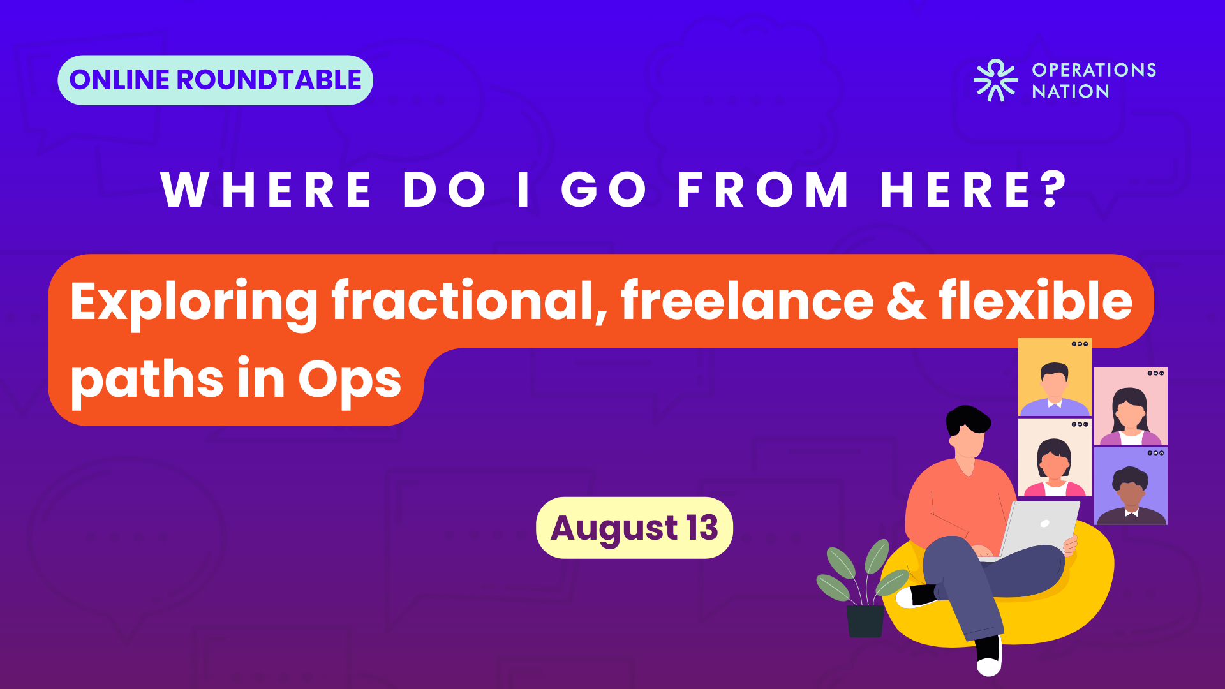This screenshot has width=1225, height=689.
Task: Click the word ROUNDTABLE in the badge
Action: (269, 80)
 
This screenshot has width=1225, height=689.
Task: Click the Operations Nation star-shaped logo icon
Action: (995, 80)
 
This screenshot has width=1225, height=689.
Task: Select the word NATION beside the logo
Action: (1071, 92)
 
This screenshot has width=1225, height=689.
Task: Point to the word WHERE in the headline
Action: (266, 189)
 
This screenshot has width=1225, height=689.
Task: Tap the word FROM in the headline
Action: (763, 189)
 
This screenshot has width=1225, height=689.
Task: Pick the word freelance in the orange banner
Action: (747, 299)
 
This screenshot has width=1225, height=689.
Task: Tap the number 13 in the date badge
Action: (702, 528)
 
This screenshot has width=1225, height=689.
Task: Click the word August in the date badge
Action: (614, 530)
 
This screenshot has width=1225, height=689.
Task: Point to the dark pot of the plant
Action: (865, 621)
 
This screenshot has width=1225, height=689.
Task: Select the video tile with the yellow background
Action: (1055, 378)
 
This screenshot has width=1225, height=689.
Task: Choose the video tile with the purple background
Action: (1131, 486)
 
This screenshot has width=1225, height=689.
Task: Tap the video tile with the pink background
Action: (1131, 406)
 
